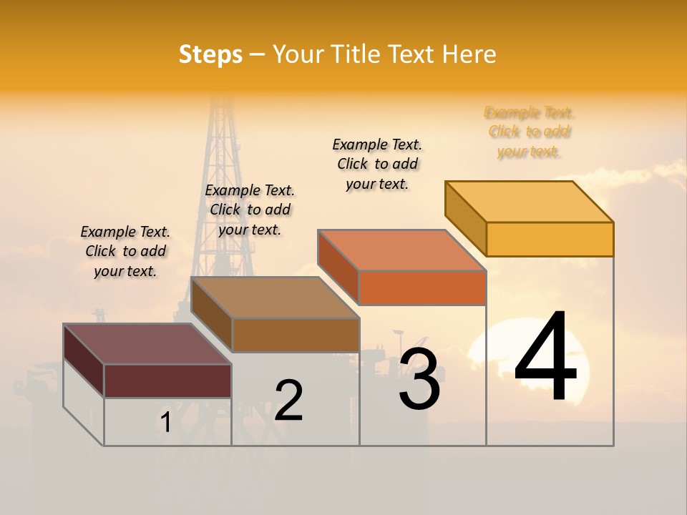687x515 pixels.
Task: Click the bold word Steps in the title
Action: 210,54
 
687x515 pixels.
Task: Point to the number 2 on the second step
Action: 289,401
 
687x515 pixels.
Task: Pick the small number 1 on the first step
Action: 166,423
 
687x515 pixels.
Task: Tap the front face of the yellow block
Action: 550,239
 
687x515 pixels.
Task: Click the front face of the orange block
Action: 422,288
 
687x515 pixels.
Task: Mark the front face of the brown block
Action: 296,335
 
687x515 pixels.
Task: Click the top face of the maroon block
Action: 147,344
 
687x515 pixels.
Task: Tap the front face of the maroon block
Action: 167,381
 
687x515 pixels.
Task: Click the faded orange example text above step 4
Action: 530,132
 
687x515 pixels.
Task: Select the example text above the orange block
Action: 377,164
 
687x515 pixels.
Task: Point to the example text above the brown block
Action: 250,210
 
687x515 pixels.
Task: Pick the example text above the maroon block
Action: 125,251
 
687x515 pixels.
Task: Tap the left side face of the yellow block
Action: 466,218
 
